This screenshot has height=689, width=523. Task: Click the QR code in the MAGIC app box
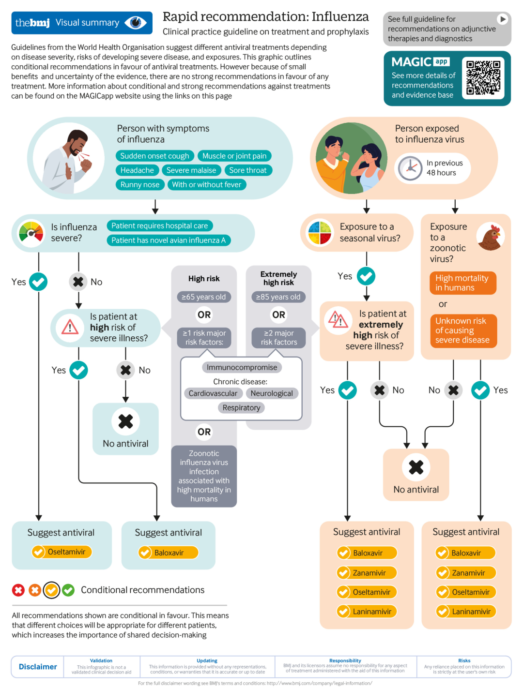483,77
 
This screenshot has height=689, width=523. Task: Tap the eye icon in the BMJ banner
136,23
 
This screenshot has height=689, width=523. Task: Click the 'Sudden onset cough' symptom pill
154,156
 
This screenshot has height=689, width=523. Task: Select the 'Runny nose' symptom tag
140,184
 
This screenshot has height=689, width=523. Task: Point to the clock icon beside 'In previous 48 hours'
410,168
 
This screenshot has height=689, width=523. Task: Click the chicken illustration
490,237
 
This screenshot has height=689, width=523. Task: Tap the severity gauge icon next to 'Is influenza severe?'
31,233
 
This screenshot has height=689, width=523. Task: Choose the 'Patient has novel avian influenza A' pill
169,240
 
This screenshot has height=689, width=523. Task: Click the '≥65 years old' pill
204,297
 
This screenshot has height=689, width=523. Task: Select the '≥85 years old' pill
278,297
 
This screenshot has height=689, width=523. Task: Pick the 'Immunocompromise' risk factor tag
242,367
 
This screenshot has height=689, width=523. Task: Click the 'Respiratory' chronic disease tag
241,407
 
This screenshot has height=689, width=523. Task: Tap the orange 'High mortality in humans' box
462,283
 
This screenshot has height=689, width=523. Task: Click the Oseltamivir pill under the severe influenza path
62,552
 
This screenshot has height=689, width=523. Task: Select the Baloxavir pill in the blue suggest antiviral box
169,553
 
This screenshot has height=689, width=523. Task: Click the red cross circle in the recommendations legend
18,590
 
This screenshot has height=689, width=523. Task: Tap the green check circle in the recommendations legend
68,590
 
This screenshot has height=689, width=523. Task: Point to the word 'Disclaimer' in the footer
38,666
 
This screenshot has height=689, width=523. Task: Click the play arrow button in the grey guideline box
502,19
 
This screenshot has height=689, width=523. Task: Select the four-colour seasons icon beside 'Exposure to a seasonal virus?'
320,233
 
